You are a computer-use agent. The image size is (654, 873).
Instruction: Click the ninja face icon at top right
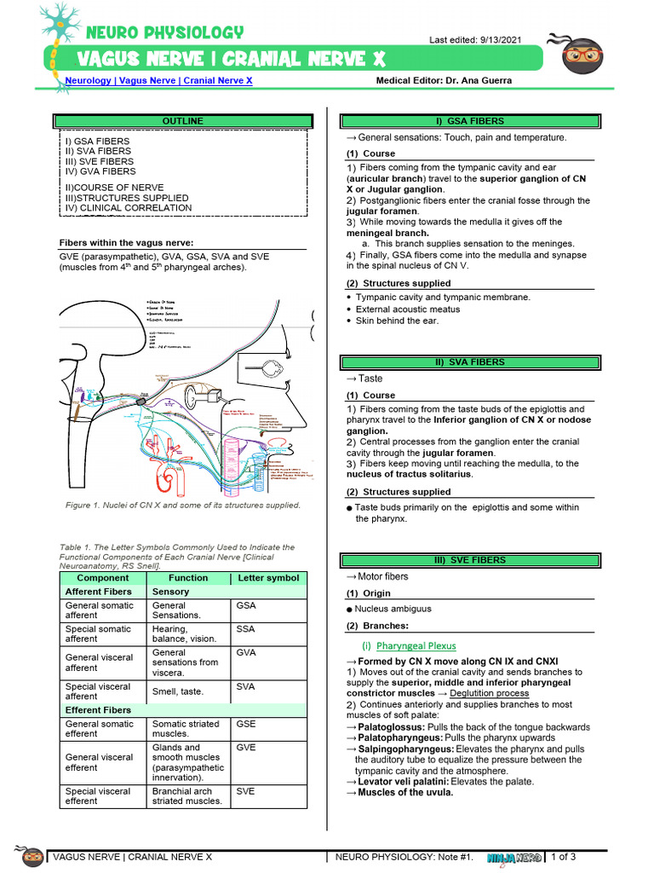point(583,55)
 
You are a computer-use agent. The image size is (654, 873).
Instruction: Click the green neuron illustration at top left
point(58,34)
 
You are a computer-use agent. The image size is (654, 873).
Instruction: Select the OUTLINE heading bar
point(182,121)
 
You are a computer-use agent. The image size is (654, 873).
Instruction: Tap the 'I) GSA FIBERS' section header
point(469,121)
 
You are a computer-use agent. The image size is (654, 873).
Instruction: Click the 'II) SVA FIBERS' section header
point(469,362)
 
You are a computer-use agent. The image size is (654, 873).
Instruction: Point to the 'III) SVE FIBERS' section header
point(469,560)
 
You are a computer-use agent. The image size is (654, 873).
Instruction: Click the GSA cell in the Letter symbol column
point(246,606)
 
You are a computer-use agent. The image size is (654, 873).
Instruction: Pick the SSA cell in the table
point(246,629)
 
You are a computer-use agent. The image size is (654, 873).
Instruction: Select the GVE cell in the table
point(246,748)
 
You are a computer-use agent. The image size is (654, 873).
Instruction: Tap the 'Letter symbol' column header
point(268,578)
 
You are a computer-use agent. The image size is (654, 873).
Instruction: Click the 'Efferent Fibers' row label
point(99,710)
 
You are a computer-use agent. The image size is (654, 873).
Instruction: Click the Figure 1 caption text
point(183,505)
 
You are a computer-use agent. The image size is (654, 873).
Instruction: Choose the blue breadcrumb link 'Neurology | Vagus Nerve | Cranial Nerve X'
point(158,80)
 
